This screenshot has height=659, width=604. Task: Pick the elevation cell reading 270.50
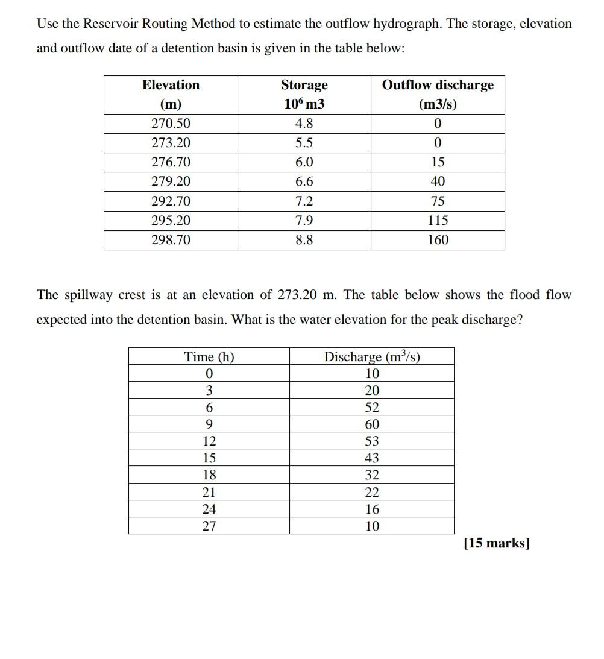(171, 124)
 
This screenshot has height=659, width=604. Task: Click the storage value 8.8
(304, 240)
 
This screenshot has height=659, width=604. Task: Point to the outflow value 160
(438, 240)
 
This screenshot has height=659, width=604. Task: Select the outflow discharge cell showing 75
(438, 201)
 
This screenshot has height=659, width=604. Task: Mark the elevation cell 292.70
(171, 201)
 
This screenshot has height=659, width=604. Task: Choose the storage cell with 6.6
(304, 181)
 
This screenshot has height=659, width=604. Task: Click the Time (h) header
(209, 356)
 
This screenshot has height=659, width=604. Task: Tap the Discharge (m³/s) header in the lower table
(372, 356)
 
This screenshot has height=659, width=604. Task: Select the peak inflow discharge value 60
(372, 424)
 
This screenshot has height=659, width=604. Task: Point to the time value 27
(209, 526)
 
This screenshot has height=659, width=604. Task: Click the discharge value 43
(372, 458)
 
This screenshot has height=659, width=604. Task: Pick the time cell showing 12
(209, 441)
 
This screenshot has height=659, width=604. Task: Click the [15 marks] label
(496, 543)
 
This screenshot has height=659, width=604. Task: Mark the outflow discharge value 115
(438, 221)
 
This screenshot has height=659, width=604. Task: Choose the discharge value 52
(372, 408)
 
